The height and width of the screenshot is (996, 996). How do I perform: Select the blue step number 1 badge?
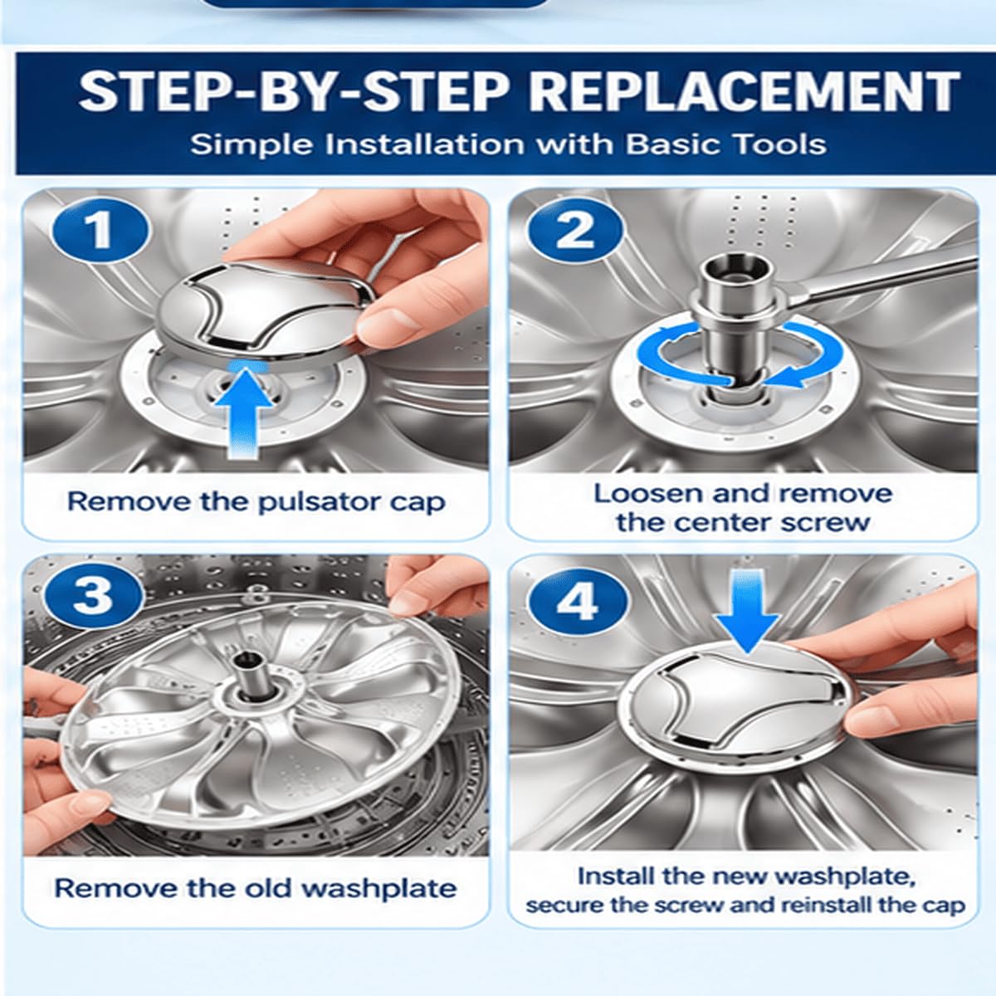100,231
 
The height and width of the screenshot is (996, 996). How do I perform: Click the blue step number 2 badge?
574,231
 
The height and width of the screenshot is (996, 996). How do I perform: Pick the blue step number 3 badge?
93,595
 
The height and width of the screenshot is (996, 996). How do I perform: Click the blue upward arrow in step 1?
243,409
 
